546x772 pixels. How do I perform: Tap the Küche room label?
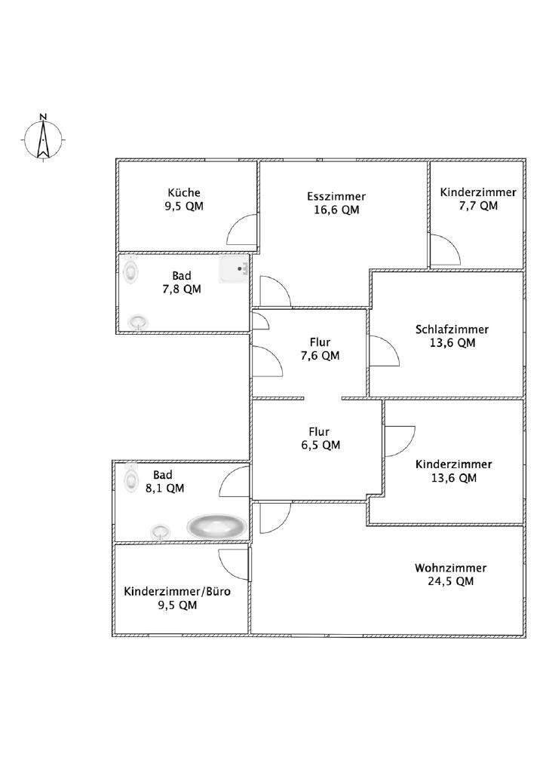(184, 192)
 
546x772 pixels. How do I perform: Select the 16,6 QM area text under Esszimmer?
(336, 210)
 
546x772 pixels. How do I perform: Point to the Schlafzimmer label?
(452, 329)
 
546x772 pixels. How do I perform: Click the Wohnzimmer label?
(450, 568)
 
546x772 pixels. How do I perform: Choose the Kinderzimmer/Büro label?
(177, 592)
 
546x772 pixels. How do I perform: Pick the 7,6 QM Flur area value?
(319, 356)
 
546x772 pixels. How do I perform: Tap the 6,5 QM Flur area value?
(319, 445)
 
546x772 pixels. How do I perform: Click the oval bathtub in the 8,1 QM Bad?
(216, 525)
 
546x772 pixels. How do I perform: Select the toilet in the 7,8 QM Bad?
(132, 269)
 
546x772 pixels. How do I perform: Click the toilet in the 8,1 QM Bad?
(132, 475)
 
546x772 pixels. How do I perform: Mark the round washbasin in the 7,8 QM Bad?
(137, 322)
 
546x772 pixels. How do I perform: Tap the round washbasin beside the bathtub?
(160, 531)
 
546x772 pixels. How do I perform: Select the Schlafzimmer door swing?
(382, 351)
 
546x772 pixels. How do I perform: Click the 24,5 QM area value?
(450, 581)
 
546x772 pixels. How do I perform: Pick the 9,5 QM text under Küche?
(184, 206)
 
